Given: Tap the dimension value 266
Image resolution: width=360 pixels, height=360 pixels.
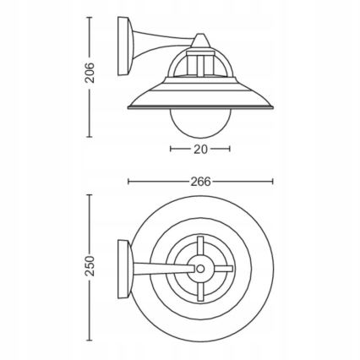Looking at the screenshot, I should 200,181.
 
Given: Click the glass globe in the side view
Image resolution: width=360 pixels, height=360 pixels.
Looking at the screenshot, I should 200,124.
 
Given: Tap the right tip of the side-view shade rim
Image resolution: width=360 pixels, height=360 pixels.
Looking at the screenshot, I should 272,107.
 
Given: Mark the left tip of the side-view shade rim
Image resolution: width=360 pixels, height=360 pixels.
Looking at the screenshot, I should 128,107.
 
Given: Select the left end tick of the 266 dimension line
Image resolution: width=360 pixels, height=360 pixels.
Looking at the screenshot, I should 128,181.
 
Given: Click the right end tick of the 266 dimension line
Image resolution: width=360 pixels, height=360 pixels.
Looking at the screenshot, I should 273,181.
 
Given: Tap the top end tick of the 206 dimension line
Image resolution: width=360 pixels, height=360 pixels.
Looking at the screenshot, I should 90,16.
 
